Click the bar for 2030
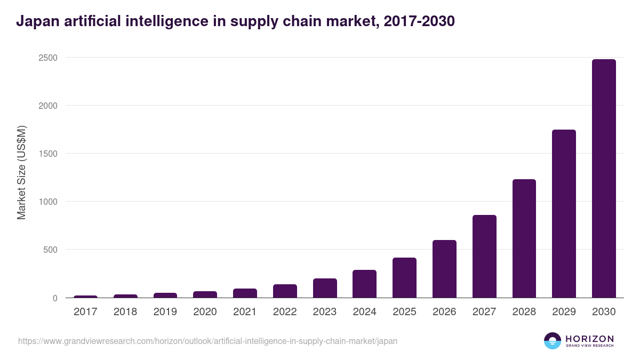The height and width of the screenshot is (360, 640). pos(604,179)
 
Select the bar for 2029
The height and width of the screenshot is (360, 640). pos(564,213)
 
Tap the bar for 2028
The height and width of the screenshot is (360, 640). pos(524,238)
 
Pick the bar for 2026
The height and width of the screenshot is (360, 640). pos(444,269)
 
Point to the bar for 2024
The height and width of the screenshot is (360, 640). pos(364,284)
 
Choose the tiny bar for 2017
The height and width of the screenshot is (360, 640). pos(85,297)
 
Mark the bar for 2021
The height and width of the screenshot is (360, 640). pos(245,293)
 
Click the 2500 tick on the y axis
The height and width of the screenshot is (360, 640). pos(47,58)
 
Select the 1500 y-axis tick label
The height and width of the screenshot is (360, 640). pos(47,154)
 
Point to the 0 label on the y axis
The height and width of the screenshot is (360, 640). pos(55,298)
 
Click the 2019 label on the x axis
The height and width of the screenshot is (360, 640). pos(165,312)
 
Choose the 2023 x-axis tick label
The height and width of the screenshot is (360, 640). pos(324,312)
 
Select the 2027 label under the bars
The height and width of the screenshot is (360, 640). pos(484,312)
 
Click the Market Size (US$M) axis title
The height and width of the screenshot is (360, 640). pos(21,172)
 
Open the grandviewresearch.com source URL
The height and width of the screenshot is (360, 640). pos(207,341)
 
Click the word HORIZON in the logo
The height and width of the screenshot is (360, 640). pos(589,339)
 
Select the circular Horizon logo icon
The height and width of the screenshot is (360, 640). pos(552,341)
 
